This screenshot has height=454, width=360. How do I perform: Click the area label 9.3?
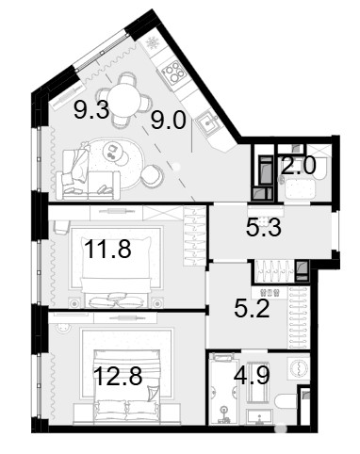pyautogui.click(x=91, y=110)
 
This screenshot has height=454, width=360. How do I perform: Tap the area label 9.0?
pyautogui.click(x=169, y=121)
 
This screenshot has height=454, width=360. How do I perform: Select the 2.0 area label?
pyautogui.click(x=299, y=166)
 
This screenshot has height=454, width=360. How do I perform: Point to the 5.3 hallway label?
pyautogui.click(x=264, y=228)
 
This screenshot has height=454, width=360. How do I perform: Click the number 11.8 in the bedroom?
pyautogui.click(x=107, y=249)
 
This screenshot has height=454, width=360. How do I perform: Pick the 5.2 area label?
pyautogui.click(x=252, y=309)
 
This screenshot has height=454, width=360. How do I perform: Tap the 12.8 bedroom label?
pyautogui.click(x=118, y=376)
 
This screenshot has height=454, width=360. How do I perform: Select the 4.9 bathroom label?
pyautogui.click(x=252, y=375)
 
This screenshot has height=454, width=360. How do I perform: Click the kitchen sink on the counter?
pyautogui.click(x=208, y=122)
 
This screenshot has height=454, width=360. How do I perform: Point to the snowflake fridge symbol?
pyautogui.click(x=154, y=43)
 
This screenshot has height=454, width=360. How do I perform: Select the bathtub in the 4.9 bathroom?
pyautogui.click(x=223, y=389)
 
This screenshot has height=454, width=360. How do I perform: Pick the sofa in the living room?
pyautogui.click(x=88, y=174)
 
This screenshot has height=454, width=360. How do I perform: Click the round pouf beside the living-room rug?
pyautogui.click(x=153, y=175)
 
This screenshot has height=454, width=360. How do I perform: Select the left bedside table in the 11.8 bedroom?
pyautogui.click(x=74, y=303)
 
